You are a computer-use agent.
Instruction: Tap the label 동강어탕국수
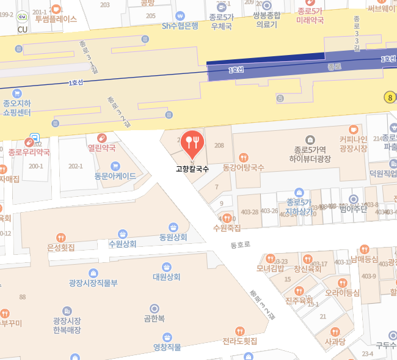click(x=244, y=167)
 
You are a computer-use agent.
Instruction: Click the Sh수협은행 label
click(x=180, y=26)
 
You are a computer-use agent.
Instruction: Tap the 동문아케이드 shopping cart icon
click(x=115, y=166)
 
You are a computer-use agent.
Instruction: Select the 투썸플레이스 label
click(x=56, y=19)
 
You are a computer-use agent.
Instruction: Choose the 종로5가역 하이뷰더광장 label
click(x=310, y=155)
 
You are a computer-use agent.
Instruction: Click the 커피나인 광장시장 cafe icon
click(x=353, y=130)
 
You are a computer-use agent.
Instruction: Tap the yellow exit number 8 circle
click(x=389, y=97)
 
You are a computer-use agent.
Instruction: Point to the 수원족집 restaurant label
click(x=227, y=228)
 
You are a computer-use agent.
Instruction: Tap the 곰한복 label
click(x=154, y=318)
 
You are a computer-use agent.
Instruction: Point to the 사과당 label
click(x=335, y=341)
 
